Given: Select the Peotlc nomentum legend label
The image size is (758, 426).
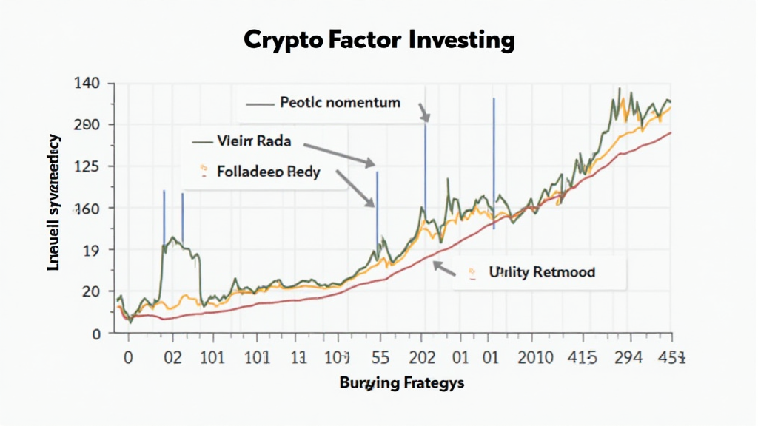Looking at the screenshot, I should (x=340, y=102).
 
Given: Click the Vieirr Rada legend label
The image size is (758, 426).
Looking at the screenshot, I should (x=254, y=141).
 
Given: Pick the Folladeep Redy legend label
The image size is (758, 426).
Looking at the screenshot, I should (x=269, y=172).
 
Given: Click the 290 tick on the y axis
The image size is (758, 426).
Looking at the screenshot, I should (x=87, y=124).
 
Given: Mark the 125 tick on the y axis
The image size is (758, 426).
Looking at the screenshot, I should (x=87, y=166).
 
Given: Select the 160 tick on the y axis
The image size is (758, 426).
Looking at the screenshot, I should (x=87, y=208).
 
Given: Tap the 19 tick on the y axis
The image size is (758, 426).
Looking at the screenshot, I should (x=90, y=250).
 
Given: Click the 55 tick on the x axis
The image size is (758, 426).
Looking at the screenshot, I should (x=379, y=357).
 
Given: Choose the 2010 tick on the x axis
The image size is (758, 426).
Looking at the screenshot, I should (x=534, y=357).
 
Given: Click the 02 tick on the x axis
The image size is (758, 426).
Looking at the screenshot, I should (x=172, y=357).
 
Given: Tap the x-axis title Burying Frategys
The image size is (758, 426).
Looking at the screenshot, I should (x=402, y=383).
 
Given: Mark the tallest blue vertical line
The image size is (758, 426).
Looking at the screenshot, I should (x=494, y=163).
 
